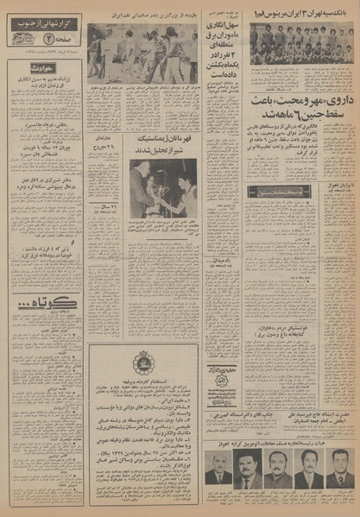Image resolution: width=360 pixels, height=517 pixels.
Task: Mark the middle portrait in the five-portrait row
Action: pyautogui.click(x=277, y=472)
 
